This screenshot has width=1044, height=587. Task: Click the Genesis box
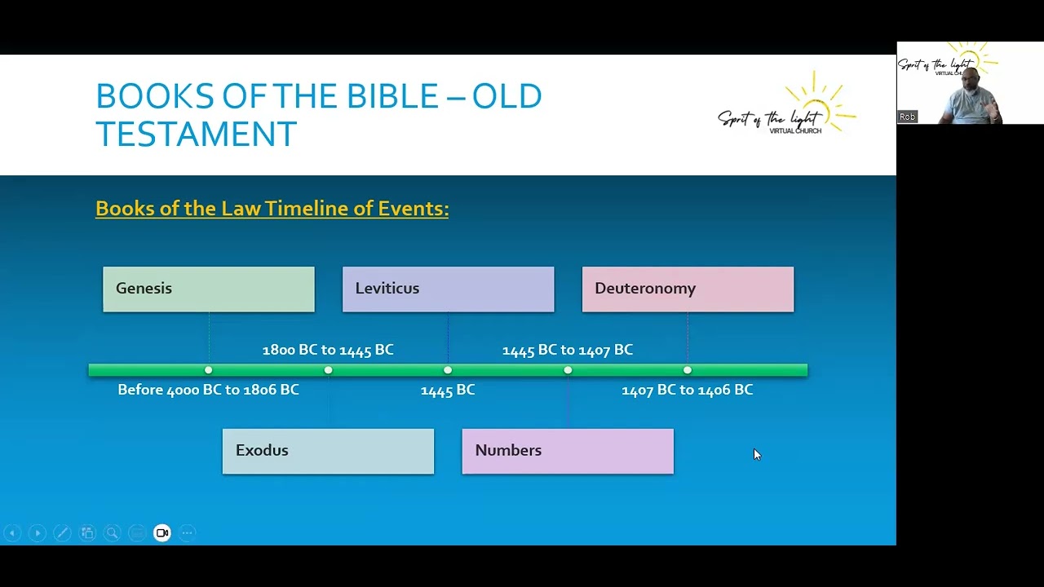point(208,289)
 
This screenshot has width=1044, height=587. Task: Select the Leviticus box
point(448,289)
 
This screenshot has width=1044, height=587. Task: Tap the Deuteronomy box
point(688,289)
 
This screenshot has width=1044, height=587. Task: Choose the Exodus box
point(328,451)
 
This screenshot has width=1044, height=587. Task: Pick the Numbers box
point(568,451)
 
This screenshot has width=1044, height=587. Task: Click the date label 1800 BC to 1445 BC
point(328,350)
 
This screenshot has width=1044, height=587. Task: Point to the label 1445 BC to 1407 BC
point(568,350)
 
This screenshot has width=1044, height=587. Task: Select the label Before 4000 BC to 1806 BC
point(208,390)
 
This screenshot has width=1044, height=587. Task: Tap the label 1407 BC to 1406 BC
point(688,390)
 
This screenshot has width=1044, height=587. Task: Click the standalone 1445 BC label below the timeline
point(448,391)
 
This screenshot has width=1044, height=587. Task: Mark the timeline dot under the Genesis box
point(208,370)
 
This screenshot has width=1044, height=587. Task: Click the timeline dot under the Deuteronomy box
point(688,370)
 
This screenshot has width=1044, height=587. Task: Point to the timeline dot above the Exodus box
point(328,370)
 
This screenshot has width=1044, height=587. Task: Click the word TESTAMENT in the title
point(196,134)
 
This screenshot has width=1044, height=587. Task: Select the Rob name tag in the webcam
point(907,117)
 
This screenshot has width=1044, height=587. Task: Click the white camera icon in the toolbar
point(162,533)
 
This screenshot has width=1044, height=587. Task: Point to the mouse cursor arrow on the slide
point(756,454)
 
